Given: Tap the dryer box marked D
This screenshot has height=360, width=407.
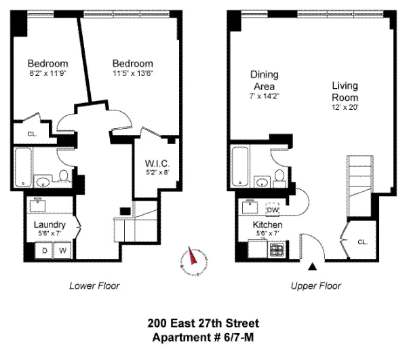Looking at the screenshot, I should pos(45,251).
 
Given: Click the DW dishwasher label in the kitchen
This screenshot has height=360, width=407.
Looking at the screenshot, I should pos(273,209).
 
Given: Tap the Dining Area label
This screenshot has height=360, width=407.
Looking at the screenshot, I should pos(264,81).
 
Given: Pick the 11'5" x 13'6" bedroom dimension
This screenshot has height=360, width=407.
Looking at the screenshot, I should pos(133,74).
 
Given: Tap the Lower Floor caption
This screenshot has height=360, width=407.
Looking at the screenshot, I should pos(94,286).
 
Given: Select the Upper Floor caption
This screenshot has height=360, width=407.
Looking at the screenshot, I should pos(315,286).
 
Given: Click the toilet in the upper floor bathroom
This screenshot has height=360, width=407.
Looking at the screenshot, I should pos(279,178).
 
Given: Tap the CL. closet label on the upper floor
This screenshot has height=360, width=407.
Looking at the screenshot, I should pos(362,241).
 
